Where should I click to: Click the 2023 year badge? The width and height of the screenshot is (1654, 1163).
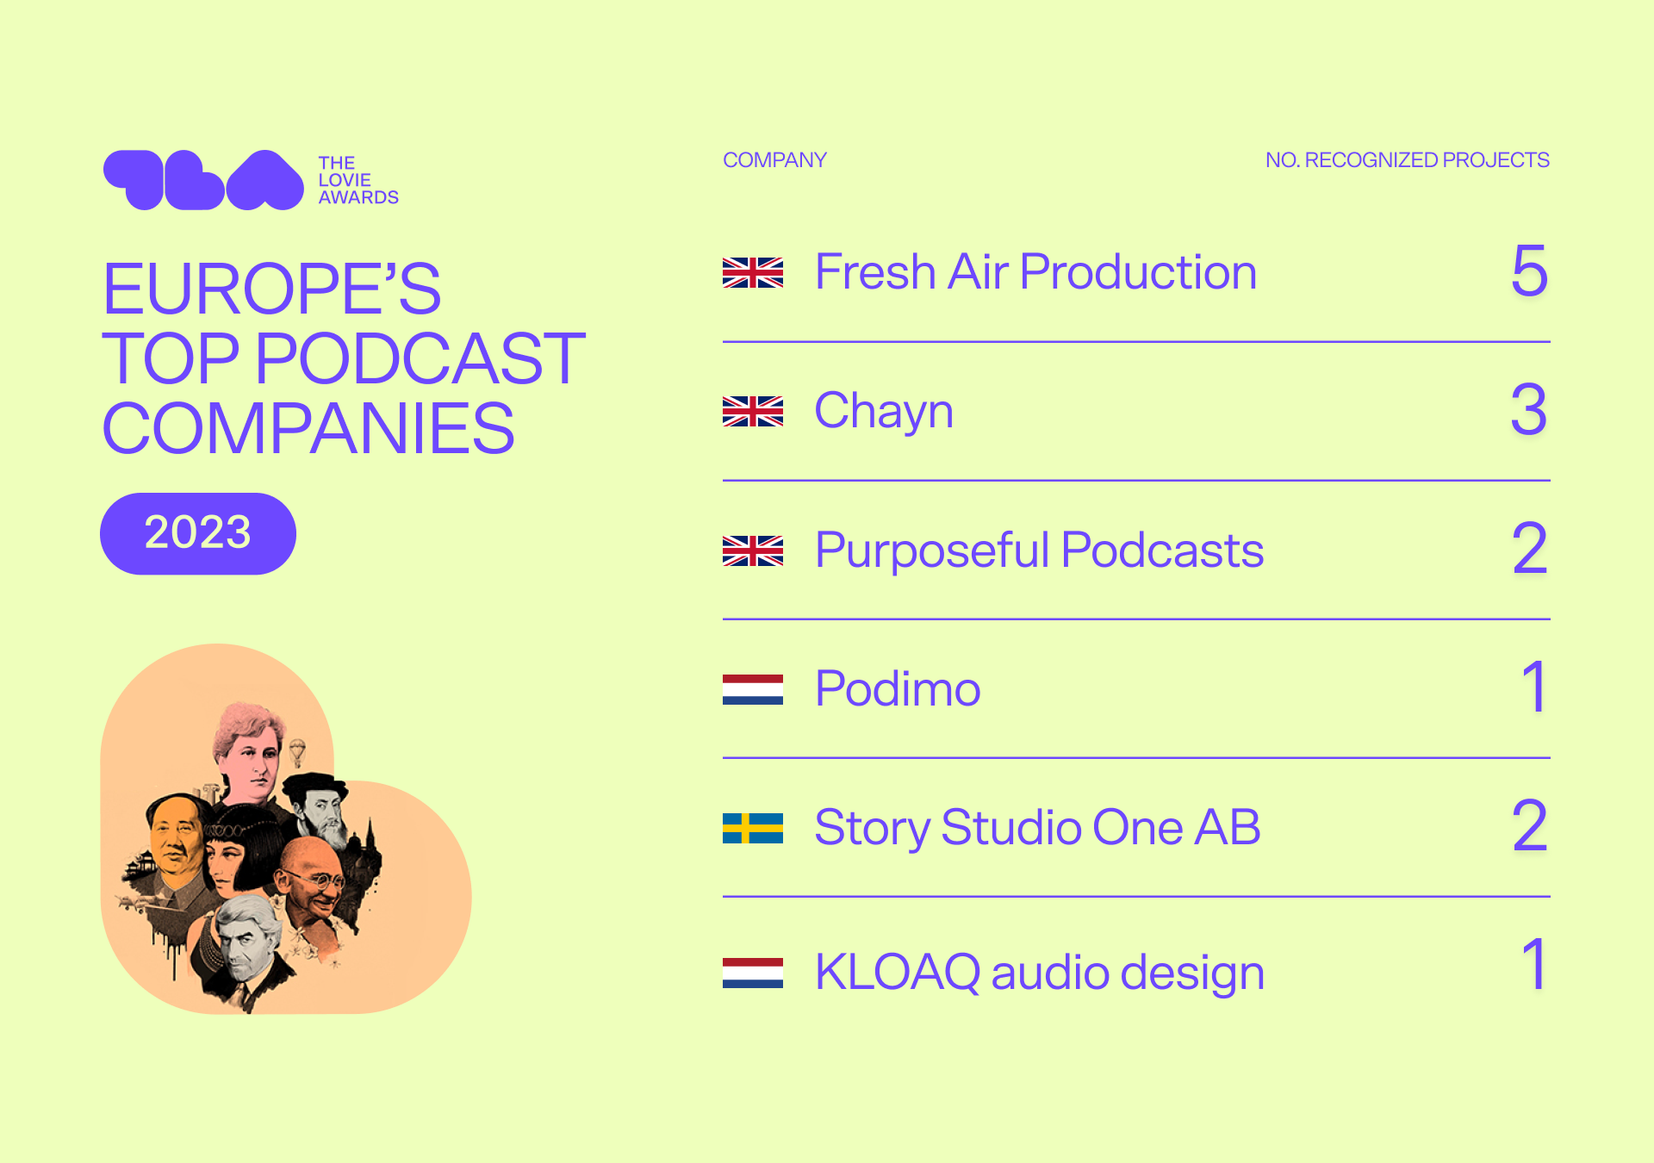198,533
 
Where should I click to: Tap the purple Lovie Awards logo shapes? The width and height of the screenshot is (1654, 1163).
203,180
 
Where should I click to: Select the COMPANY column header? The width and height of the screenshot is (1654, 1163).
774,160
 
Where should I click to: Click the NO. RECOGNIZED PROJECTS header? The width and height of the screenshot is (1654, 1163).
1407,160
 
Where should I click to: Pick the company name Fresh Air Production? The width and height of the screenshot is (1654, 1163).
1035,272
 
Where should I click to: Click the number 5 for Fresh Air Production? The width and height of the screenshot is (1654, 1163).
1530,271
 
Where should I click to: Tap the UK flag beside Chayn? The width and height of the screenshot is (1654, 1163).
753,412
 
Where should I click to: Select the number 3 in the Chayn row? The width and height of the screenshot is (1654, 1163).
1529,409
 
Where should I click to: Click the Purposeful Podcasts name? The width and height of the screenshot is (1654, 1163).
1039,550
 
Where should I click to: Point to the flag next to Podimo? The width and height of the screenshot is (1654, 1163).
753,689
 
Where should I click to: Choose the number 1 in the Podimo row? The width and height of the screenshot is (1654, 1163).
1535,687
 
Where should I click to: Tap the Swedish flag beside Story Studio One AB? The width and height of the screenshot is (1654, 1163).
753,828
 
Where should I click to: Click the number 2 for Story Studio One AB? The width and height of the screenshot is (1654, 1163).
1530,825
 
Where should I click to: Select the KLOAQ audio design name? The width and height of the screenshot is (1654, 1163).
1040,973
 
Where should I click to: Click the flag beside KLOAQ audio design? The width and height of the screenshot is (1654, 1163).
753,973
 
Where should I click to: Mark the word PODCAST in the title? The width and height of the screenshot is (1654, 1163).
420,358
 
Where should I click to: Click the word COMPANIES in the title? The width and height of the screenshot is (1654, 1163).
308,428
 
